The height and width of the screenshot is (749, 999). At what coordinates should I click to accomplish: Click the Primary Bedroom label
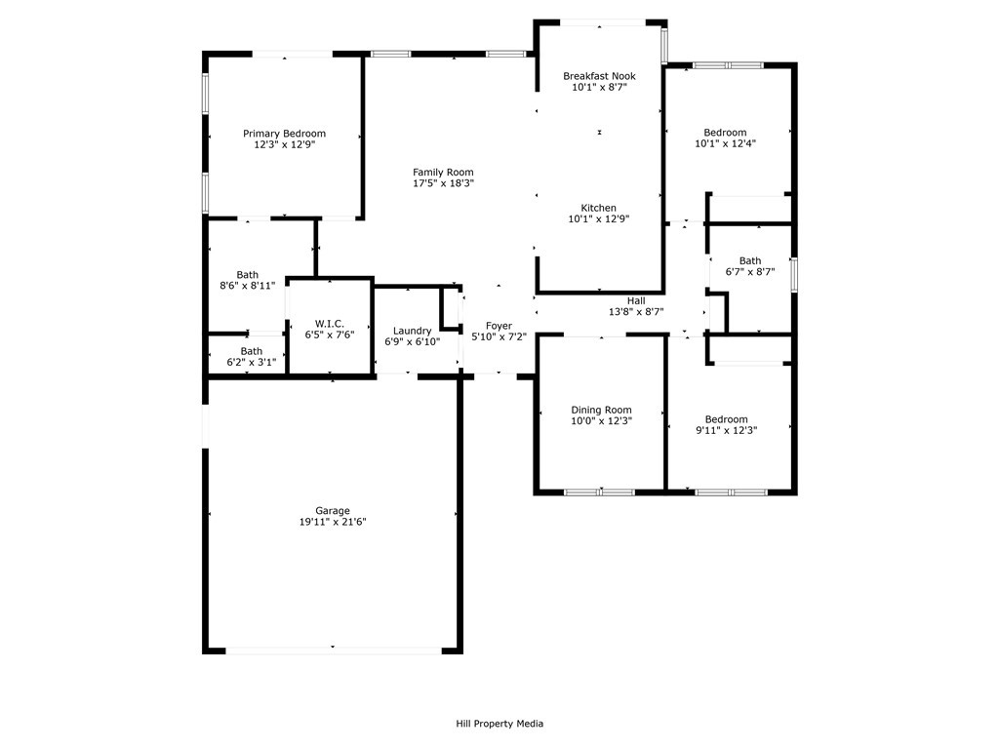[x=284, y=134]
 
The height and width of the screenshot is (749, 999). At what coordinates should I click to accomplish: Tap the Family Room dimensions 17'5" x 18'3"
[x=443, y=183]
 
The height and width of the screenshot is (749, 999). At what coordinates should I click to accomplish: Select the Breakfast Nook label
[x=600, y=76]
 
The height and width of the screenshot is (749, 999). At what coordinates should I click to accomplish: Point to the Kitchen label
[x=599, y=209]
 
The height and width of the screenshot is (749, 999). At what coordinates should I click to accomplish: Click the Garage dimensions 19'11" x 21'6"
[x=333, y=523]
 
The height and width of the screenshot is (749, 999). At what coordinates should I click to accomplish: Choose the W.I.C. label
[x=330, y=324]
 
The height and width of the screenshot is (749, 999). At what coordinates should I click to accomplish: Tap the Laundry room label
[x=413, y=332]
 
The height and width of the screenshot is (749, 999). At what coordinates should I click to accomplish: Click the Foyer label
[x=499, y=326]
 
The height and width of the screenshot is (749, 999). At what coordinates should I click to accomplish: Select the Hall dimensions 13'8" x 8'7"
[x=636, y=312]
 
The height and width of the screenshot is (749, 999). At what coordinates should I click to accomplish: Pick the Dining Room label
[x=601, y=411]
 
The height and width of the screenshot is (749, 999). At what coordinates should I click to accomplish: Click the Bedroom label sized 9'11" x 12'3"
[x=726, y=419]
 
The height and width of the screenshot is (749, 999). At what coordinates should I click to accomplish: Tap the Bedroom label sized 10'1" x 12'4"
[x=725, y=133]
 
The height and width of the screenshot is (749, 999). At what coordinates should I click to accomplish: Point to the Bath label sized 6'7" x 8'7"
[x=750, y=261]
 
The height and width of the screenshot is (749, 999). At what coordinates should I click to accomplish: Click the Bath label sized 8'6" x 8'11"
[x=247, y=275]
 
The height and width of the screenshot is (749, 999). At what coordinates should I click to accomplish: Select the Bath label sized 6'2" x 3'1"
[x=252, y=351]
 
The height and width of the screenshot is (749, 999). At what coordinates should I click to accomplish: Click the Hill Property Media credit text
[x=499, y=724]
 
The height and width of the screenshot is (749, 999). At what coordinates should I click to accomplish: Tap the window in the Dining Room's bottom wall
[x=600, y=493]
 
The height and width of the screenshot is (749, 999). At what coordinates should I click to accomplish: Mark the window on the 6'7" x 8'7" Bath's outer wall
[x=794, y=274]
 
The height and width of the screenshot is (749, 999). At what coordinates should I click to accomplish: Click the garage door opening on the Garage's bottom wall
[x=334, y=650]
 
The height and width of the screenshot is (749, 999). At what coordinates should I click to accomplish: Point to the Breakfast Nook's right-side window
[x=663, y=43]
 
